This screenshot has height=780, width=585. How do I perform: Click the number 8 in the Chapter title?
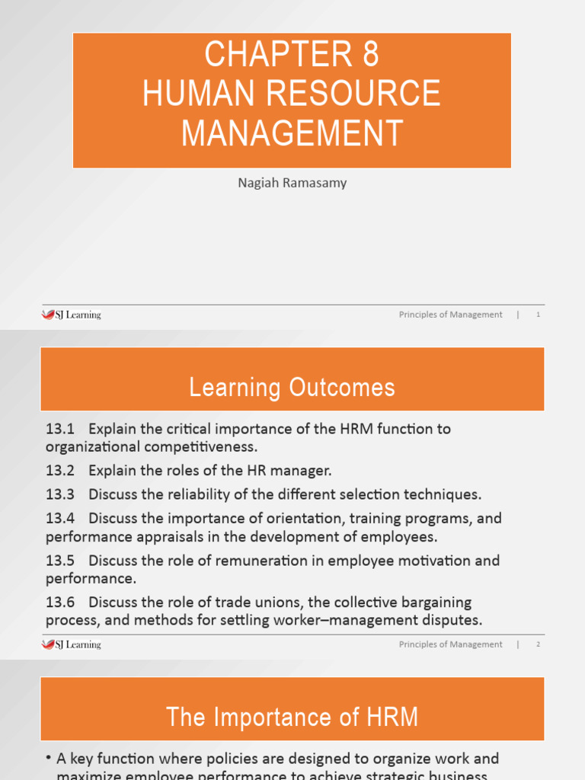click(366, 55)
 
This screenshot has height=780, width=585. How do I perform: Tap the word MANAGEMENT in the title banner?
click(292, 133)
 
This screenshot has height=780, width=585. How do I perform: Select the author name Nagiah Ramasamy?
click(292, 183)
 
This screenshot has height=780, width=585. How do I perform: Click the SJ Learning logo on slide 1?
click(71, 315)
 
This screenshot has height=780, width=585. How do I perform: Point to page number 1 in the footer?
click(538, 315)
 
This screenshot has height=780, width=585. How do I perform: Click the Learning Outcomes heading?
click(292, 388)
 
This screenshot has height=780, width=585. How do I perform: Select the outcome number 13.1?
click(59, 429)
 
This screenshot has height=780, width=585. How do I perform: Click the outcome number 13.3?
click(59, 494)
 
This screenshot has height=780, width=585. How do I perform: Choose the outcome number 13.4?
click(59, 519)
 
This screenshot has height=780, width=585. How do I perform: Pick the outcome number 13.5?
click(59, 561)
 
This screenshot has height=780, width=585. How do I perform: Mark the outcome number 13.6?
click(59, 603)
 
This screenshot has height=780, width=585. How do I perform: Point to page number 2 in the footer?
click(538, 644)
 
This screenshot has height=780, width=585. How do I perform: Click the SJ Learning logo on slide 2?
click(71, 644)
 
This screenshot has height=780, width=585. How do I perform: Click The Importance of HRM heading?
click(292, 718)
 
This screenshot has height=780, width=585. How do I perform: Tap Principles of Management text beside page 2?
click(450, 644)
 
